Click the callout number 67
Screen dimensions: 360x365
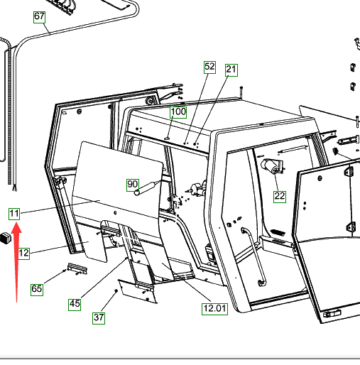(39, 17)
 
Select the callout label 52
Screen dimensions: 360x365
(209, 67)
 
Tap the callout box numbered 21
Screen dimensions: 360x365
(231, 70)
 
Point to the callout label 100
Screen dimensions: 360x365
(178, 112)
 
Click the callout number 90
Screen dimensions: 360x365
(133, 185)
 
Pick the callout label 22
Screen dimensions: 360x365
(280, 197)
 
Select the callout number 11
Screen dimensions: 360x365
(14, 214)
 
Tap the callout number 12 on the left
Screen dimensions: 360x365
(23, 254)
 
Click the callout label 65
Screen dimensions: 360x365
(37, 290)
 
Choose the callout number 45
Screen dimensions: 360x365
(75, 305)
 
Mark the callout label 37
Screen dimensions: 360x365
(99, 318)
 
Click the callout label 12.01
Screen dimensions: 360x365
(214, 309)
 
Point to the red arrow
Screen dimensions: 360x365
(16, 262)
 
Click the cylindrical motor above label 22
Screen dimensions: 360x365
(271, 166)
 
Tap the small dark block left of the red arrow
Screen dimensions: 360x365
(6, 238)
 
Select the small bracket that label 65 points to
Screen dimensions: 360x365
(77, 268)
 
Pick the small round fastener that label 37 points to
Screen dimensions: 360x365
(116, 290)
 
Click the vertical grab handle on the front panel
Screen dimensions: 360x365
(253, 256)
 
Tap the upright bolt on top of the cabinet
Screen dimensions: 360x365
(241, 92)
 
